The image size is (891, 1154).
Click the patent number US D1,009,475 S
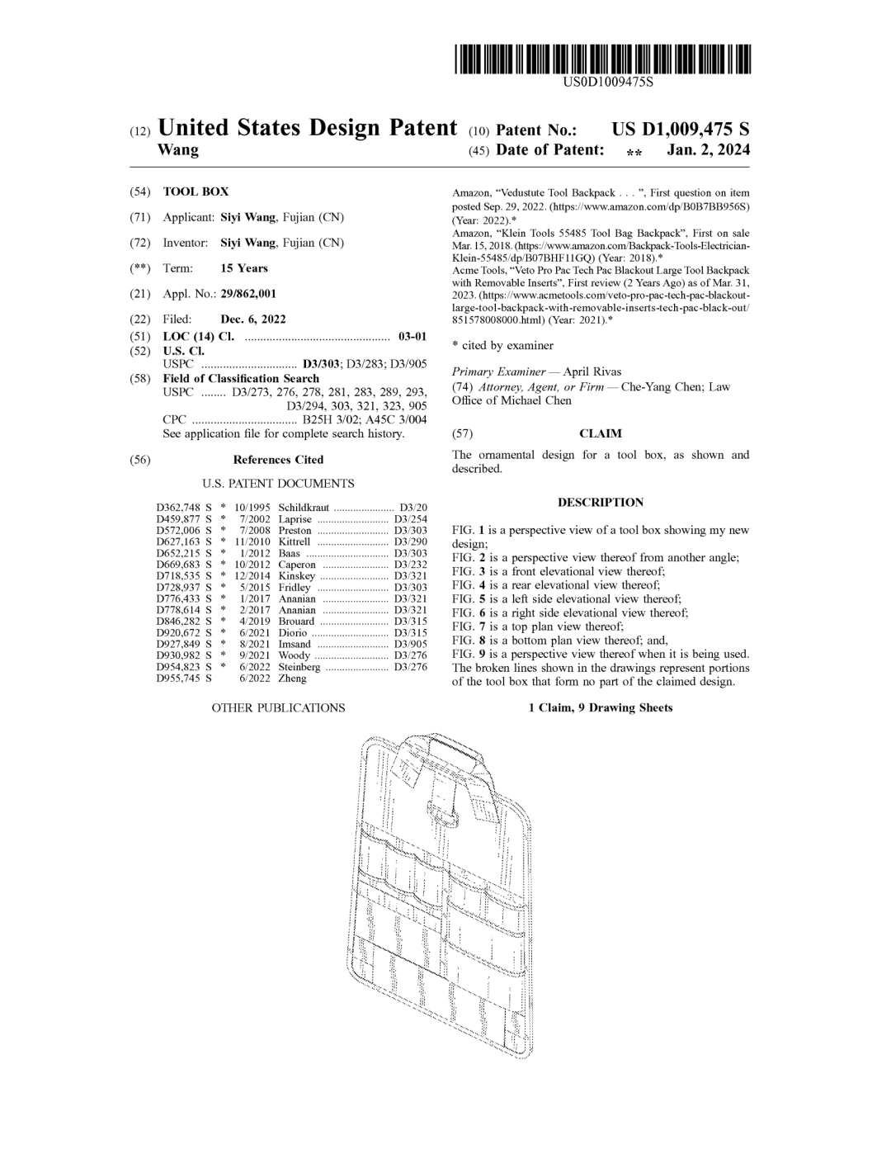click(x=680, y=130)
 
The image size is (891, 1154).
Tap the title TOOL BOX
click(x=196, y=192)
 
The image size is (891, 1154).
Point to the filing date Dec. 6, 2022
click(x=253, y=319)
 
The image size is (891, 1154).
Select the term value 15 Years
click(x=243, y=268)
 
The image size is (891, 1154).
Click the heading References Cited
click(x=278, y=460)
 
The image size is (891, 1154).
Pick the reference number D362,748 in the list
click(x=178, y=508)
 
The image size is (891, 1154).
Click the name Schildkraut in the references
click(x=304, y=508)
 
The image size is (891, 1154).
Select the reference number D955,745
click(x=178, y=679)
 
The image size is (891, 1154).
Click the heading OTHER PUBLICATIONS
click(x=278, y=707)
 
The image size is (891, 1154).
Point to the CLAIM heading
click(x=600, y=433)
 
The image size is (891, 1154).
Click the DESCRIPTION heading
click(x=600, y=502)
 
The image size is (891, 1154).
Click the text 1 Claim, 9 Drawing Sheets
click(x=600, y=707)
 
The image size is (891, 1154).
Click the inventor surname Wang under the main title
click(x=177, y=150)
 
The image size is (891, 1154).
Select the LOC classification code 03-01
click(x=412, y=337)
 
